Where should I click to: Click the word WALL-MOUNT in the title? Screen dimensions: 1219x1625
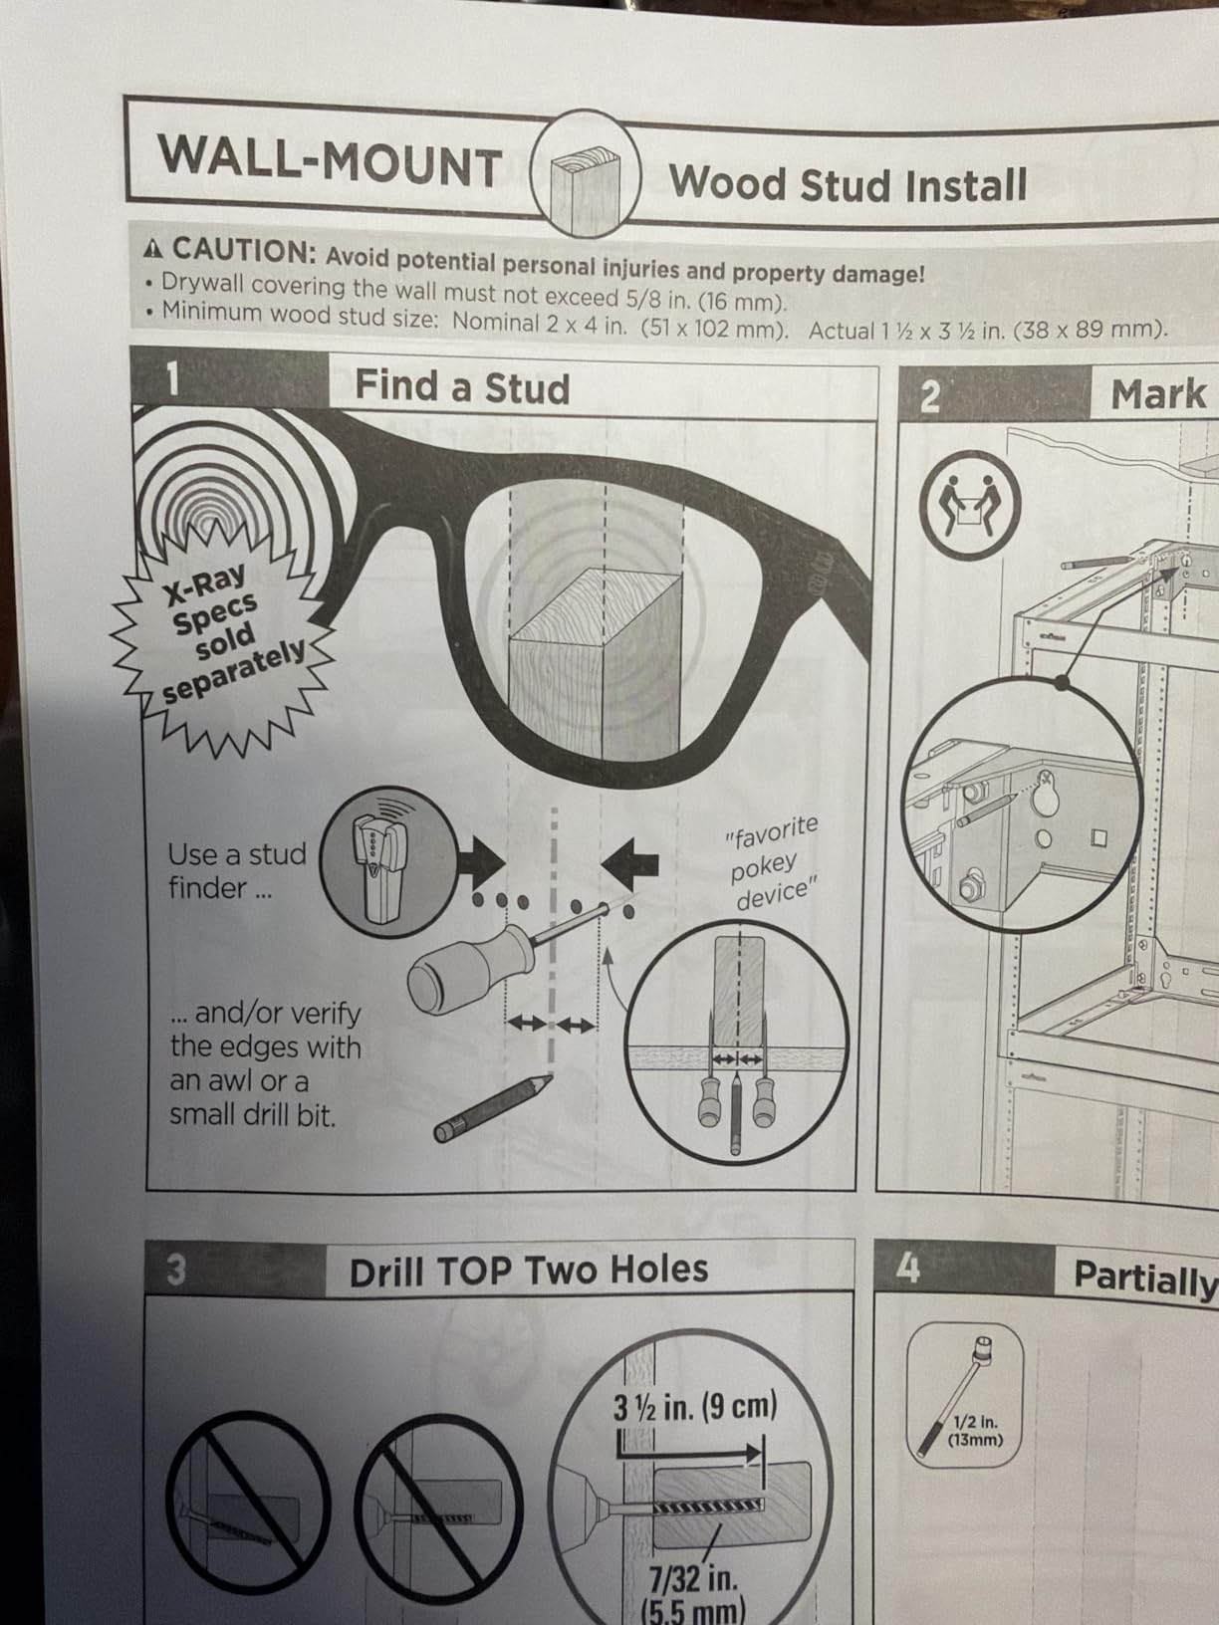(330, 161)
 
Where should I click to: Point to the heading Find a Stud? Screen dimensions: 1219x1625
(462, 386)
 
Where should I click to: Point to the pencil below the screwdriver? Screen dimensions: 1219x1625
(493, 1108)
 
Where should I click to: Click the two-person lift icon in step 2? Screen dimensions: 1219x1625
(970, 505)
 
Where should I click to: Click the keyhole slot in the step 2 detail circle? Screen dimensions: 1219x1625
(1047, 793)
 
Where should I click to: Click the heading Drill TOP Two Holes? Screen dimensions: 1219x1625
(529, 1271)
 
